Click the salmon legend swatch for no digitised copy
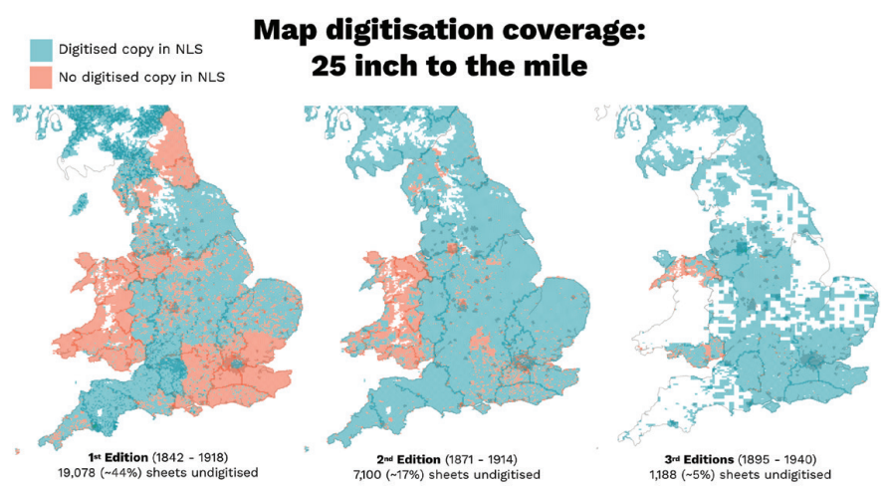[40, 78]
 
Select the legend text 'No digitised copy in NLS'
[141, 78]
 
